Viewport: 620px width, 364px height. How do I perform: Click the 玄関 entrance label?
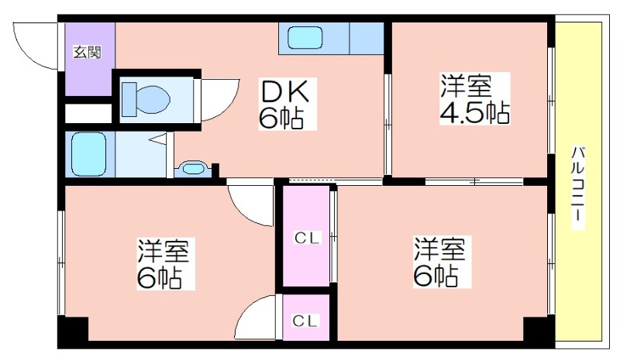[88, 52]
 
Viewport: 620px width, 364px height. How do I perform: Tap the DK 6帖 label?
[284, 104]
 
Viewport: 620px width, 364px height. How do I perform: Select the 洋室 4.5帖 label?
[474, 98]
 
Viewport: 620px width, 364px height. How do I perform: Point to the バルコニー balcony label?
[578, 187]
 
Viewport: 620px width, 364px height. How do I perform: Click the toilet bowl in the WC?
[146, 99]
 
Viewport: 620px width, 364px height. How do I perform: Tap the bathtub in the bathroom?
[88, 155]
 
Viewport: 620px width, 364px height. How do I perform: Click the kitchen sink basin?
[305, 37]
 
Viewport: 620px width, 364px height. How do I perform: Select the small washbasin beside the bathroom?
[192, 168]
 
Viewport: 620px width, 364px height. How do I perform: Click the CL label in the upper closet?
[307, 238]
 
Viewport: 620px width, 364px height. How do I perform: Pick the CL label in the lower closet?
[305, 320]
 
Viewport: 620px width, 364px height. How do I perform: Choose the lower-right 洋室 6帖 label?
[442, 262]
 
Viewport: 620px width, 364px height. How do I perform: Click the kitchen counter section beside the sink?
[367, 38]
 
